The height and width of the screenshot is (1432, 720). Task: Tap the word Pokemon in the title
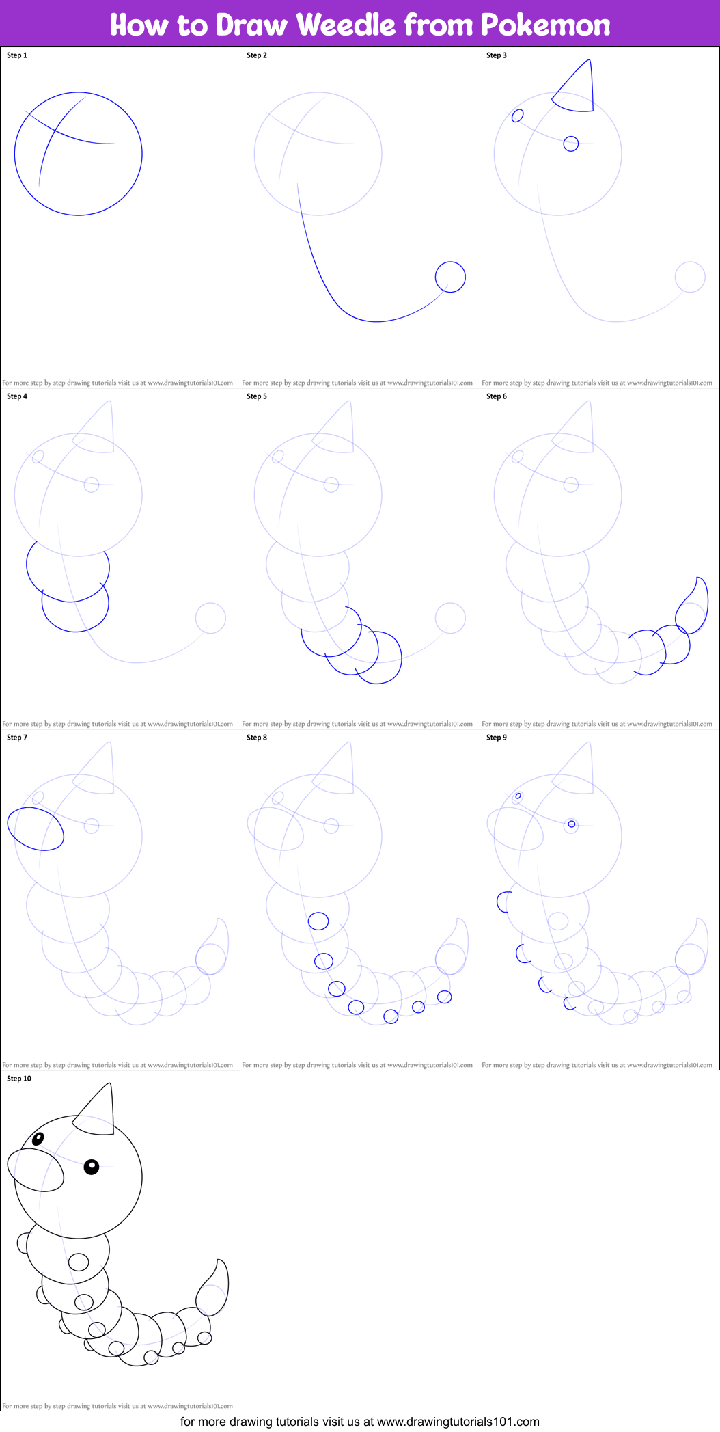coord(545,25)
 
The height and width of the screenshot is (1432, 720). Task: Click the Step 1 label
coord(17,55)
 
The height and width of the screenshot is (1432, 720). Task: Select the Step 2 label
coord(257,55)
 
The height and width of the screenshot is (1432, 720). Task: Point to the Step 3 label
coord(497,55)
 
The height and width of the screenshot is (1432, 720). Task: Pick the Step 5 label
coord(257,396)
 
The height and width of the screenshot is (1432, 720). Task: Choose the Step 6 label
coord(497,396)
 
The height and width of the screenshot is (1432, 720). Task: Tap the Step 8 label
coord(257,738)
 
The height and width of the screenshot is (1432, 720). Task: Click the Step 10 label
coord(19,1079)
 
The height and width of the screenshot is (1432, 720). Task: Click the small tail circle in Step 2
coord(450,277)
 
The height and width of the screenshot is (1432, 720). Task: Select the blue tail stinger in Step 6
coord(693,606)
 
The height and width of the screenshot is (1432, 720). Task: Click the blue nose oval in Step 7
coord(36,828)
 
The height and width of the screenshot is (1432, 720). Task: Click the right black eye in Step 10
coord(92,1167)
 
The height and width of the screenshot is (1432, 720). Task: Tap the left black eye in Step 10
coord(38,1138)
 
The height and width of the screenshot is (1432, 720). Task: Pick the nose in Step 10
coord(36,1170)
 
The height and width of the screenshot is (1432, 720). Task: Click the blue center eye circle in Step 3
coord(571,144)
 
